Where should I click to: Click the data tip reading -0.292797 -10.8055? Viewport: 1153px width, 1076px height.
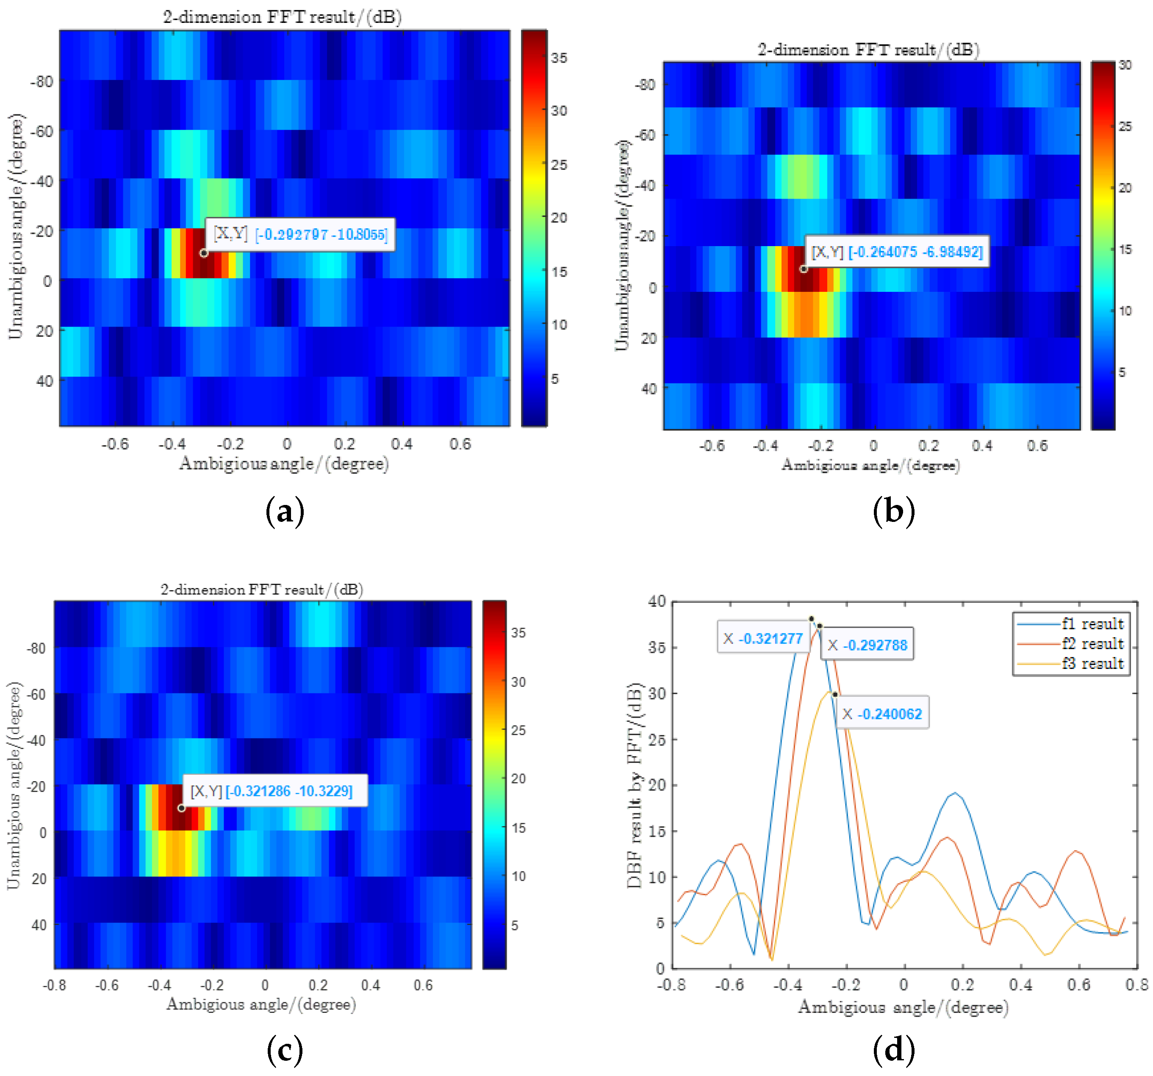point(300,234)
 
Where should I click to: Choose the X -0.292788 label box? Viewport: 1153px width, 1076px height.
point(867,644)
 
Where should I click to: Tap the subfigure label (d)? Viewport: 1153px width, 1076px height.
point(894,1049)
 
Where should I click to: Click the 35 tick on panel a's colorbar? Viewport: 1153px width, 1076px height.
point(559,58)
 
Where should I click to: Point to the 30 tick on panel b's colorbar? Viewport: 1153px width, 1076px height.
point(1125,65)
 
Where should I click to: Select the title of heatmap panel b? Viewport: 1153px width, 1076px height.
point(868,50)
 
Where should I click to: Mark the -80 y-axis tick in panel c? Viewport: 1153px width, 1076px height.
point(36,648)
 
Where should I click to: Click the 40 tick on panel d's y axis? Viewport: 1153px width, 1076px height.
point(657,601)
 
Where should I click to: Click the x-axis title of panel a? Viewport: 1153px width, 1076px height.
point(284,463)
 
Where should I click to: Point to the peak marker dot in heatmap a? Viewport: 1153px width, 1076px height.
point(204,253)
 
